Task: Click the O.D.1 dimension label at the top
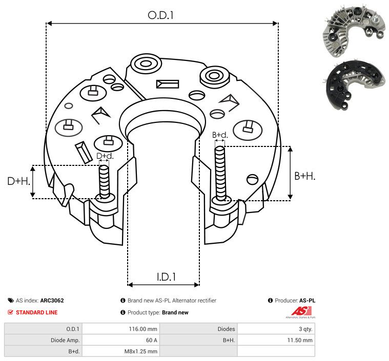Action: (x=160, y=15)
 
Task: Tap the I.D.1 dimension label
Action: (x=166, y=277)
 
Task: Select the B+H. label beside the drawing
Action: (x=304, y=176)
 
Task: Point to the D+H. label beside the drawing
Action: (x=18, y=181)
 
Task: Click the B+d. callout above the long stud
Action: (x=220, y=135)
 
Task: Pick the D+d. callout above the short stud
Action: (x=105, y=156)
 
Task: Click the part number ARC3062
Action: (x=52, y=301)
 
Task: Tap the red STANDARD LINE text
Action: (x=37, y=312)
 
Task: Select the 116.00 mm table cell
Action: (x=143, y=329)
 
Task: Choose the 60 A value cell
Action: (x=152, y=340)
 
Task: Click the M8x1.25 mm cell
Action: (x=140, y=351)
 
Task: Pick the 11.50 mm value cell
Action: (x=300, y=340)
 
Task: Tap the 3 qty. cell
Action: (x=305, y=329)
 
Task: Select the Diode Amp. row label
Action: (x=65, y=340)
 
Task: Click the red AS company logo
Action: (x=301, y=312)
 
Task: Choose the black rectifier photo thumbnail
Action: (x=355, y=85)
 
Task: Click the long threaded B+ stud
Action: (x=220, y=174)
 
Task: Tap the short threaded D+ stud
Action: (x=104, y=181)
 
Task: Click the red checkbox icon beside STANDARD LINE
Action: (x=10, y=312)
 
